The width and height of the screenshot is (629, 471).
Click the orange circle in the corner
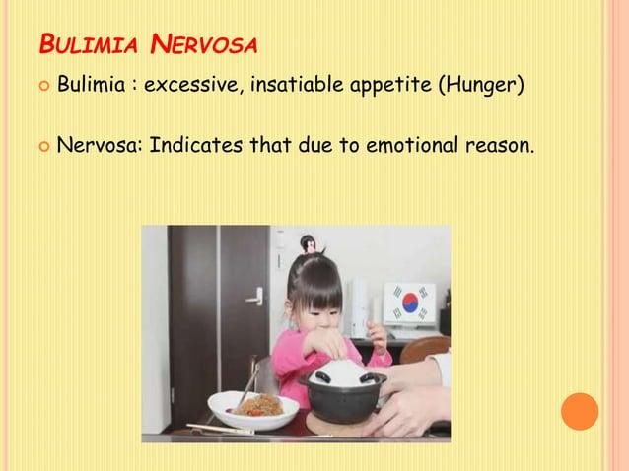[580, 411]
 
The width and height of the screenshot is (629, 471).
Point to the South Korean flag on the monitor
[408, 303]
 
